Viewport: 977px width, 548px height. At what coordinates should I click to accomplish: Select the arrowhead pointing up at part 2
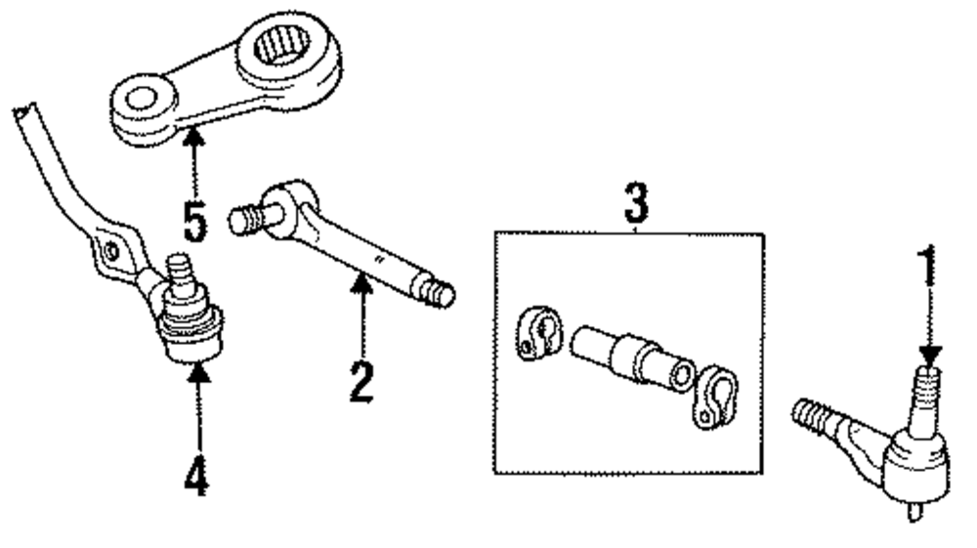(361, 283)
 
